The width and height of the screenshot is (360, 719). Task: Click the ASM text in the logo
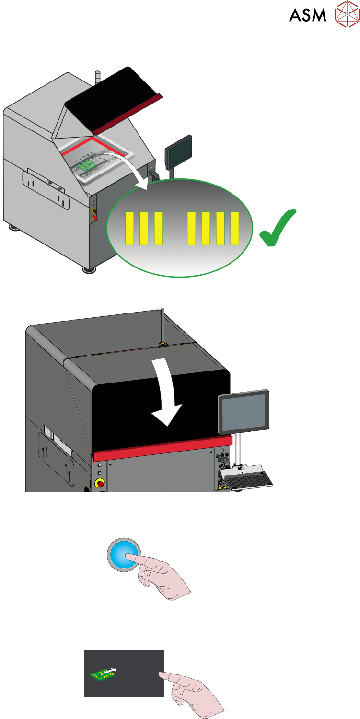coord(307,15)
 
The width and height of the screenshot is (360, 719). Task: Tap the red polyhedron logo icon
coord(347,14)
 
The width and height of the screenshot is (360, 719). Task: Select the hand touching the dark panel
coord(194,690)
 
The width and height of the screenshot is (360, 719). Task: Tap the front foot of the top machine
coord(88,269)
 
